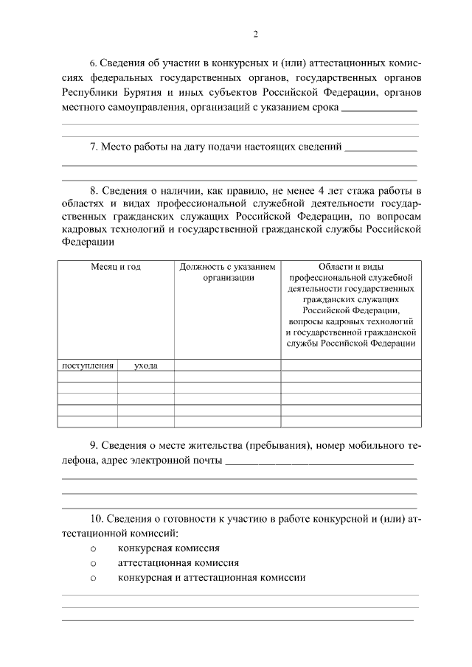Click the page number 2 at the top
click(x=255, y=34)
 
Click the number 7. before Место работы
click(x=94, y=147)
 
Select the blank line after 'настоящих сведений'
click(x=381, y=149)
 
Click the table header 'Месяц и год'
click(x=116, y=267)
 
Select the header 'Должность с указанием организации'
click(x=227, y=272)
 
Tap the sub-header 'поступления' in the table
click(x=88, y=365)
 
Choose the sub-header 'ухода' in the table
click(x=145, y=365)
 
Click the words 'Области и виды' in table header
click(x=351, y=267)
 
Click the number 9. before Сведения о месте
click(x=94, y=447)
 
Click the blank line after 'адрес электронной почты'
click(x=319, y=462)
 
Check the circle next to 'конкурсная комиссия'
click(x=94, y=549)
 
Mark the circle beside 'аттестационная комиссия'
click(x=94, y=564)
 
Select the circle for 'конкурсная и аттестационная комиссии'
click(x=94, y=579)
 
